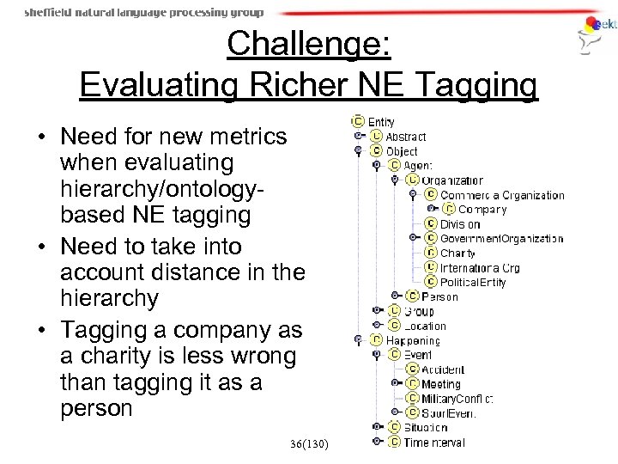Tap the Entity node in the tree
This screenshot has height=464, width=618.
click(x=381, y=122)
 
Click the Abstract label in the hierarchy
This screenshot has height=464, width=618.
click(x=405, y=137)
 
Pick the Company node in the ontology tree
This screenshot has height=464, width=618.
click(x=482, y=209)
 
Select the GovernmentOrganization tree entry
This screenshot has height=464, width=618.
click(x=501, y=238)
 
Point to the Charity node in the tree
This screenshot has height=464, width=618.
click(x=457, y=253)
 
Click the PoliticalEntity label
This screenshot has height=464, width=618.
click(x=475, y=282)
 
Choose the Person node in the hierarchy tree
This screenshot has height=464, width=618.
click(x=439, y=296)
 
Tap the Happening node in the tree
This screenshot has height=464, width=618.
click(x=413, y=340)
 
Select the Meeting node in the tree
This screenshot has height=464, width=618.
click(x=440, y=384)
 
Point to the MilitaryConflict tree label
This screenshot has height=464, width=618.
click(x=457, y=399)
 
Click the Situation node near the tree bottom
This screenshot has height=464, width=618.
click(x=426, y=427)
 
